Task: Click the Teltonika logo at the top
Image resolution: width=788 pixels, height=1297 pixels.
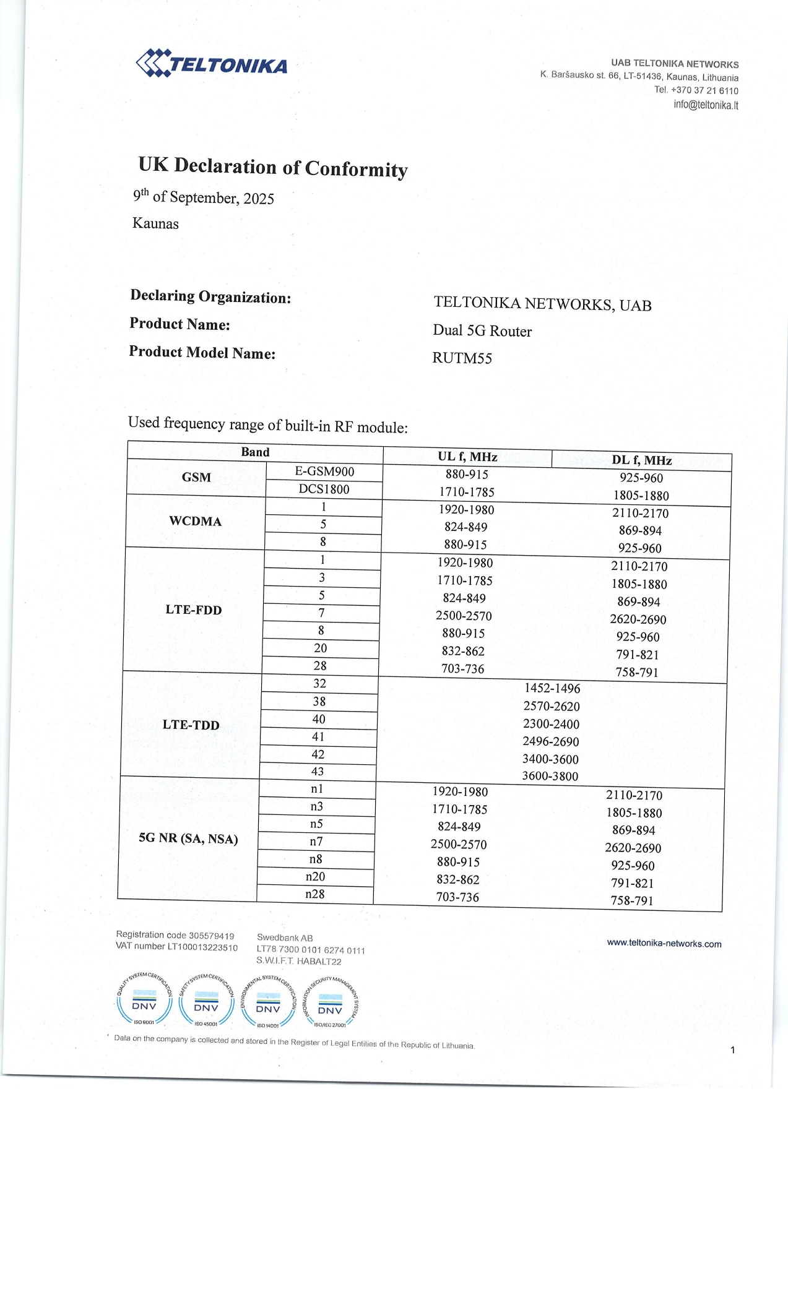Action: (x=212, y=63)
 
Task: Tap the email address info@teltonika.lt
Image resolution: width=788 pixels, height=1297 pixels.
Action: (x=706, y=105)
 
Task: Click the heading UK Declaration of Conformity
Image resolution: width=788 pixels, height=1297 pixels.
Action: (x=273, y=167)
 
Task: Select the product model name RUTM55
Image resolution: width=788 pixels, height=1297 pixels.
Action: (x=462, y=358)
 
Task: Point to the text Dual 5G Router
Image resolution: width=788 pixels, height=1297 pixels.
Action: (x=482, y=331)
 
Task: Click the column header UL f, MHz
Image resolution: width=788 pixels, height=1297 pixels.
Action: (x=467, y=457)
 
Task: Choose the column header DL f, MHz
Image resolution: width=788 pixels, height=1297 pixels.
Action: (x=641, y=460)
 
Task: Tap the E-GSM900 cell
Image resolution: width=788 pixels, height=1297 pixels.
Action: (x=324, y=472)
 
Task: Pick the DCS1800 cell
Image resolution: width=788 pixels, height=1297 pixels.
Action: (x=324, y=489)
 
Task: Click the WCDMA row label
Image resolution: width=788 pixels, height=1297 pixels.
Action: (x=196, y=521)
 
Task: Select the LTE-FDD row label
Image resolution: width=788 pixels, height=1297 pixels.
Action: (x=193, y=610)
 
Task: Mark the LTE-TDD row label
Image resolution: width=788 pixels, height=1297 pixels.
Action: (x=191, y=725)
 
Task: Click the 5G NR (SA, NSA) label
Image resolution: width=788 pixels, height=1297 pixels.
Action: (x=188, y=838)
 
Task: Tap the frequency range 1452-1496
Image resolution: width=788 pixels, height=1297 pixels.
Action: (x=552, y=688)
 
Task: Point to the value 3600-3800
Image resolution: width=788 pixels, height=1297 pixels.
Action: (x=550, y=776)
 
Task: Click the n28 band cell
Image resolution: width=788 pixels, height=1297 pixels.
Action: (x=315, y=894)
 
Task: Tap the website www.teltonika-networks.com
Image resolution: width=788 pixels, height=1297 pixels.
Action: (x=664, y=944)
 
